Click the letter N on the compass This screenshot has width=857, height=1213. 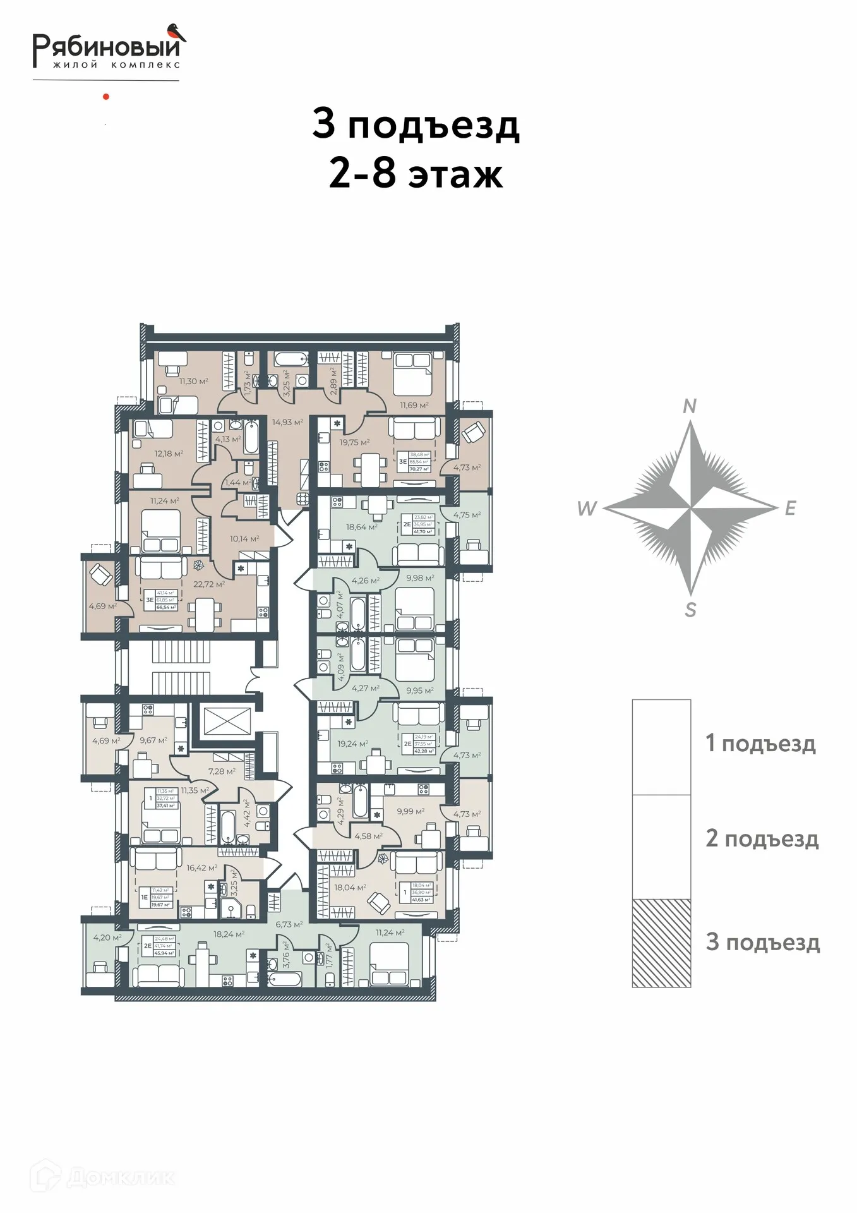(690, 406)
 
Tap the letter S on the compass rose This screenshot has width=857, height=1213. (691, 610)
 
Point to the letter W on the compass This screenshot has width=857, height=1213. (587, 508)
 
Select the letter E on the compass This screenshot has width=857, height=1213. (790, 508)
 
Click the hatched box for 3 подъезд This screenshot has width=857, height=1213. (661, 943)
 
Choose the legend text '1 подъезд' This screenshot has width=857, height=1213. (760, 744)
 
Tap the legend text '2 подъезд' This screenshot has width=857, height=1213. (762, 838)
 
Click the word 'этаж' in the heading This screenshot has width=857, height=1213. (455, 174)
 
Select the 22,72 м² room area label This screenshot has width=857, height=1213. (209, 584)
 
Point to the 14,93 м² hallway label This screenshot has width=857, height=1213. (287, 422)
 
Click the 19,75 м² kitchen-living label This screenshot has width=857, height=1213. (355, 442)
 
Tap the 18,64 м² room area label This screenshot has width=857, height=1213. (361, 527)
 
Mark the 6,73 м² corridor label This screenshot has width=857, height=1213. (289, 924)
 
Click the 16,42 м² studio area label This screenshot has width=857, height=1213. (202, 868)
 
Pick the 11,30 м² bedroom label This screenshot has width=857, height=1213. (194, 382)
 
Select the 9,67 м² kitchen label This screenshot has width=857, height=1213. (153, 740)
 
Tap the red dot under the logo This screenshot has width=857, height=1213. (106, 97)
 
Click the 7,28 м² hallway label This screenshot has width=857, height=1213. (222, 771)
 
